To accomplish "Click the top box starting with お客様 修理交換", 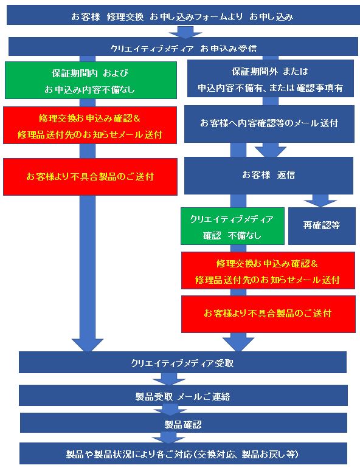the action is (x=183, y=15).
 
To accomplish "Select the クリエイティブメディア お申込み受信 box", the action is (x=183, y=47).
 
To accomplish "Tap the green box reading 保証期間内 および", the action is (x=91, y=80).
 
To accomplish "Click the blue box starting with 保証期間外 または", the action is (x=271, y=78).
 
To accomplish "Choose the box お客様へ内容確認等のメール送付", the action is (x=269, y=123).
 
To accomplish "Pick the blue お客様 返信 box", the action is (x=269, y=176).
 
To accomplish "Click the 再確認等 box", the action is (x=322, y=226).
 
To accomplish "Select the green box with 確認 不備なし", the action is (x=232, y=226).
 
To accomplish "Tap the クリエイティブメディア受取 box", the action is (x=182, y=362).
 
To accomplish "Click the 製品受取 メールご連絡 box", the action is (x=183, y=395).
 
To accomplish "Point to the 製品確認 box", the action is (x=184, y=423).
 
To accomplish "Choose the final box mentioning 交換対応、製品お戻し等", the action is (x=183, y=453).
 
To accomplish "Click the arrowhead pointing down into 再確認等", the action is (x=320, y=201).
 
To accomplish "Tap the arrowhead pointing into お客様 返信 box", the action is (x=271, y=150).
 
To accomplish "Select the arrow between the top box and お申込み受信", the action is (x=185, y=32).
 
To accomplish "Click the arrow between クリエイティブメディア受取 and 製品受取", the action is (x=169, y=379).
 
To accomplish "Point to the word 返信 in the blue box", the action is (x=286, y=174).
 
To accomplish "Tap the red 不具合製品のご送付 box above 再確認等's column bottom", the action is (x=268, y=314).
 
